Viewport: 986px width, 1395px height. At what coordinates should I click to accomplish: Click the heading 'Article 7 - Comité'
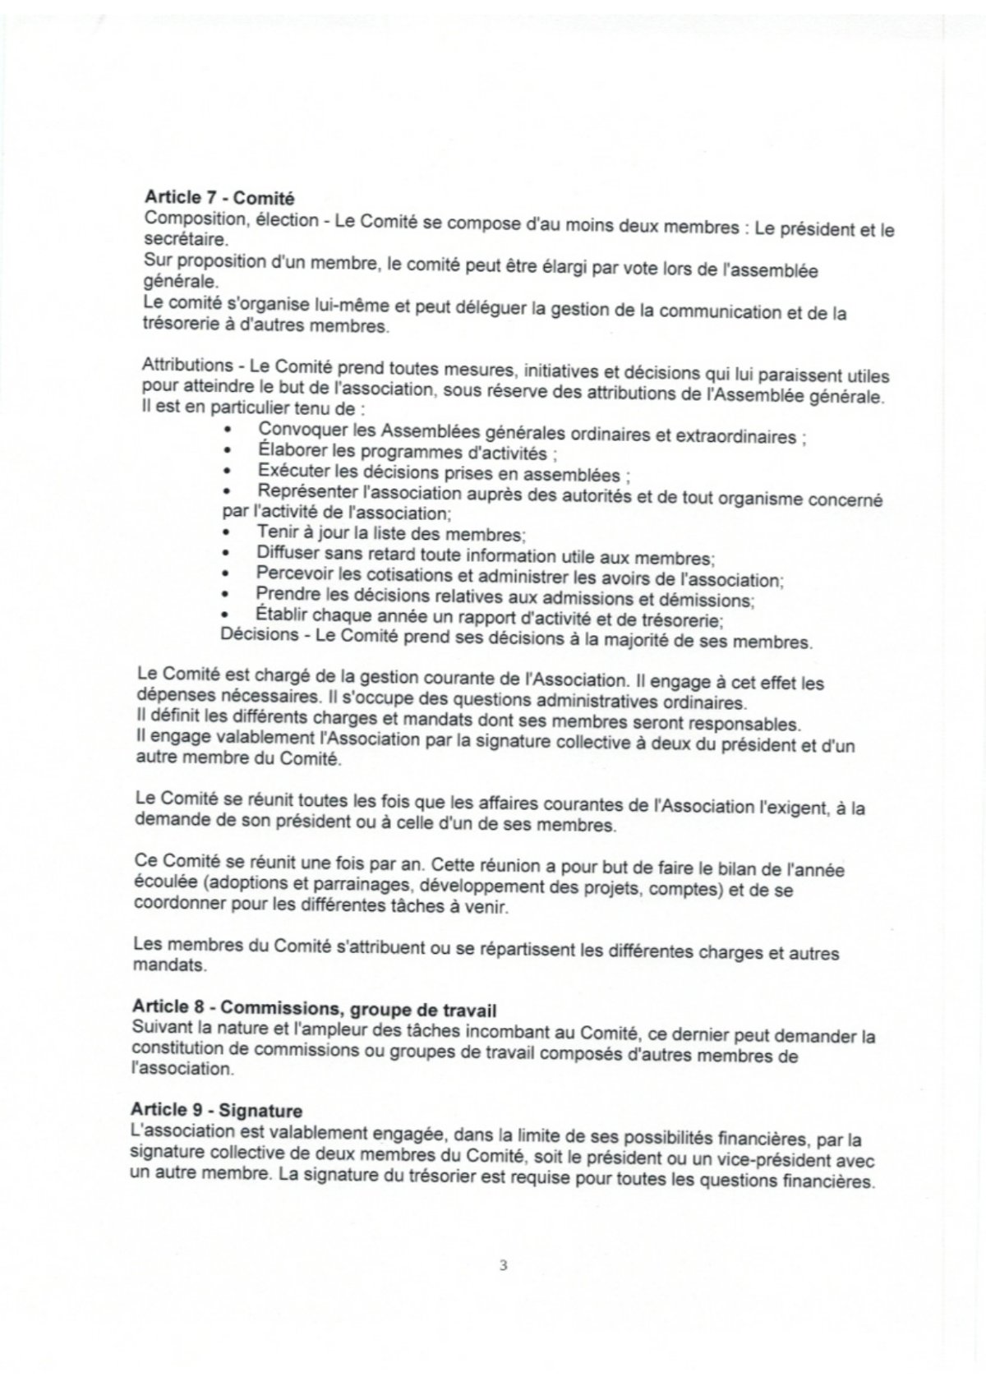(219, 197)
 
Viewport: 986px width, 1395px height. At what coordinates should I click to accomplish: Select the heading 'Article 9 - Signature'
(217, 1111)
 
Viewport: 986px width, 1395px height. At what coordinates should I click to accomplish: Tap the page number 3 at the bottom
(503, 1266)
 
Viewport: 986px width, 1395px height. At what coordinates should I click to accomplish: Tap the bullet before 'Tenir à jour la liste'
(228, 534)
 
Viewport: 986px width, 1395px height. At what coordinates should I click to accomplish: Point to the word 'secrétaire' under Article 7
(181, 240)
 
